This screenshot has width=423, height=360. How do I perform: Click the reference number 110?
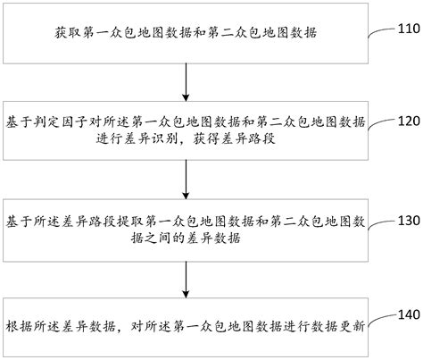tap(409, 29)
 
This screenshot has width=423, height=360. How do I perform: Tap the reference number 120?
tap(409, 121)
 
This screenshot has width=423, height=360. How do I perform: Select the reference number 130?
tap(409, 221)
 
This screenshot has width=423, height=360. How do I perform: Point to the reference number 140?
tap(409, 314)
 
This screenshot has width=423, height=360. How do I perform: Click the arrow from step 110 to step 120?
tap(186, 82)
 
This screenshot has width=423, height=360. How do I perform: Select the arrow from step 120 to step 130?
tap(186, 180)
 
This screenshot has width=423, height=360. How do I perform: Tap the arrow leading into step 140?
tap(186, 280)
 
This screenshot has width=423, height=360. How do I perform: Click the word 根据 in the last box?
tap(19, 327)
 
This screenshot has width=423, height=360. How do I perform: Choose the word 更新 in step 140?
tap(352, 327)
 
